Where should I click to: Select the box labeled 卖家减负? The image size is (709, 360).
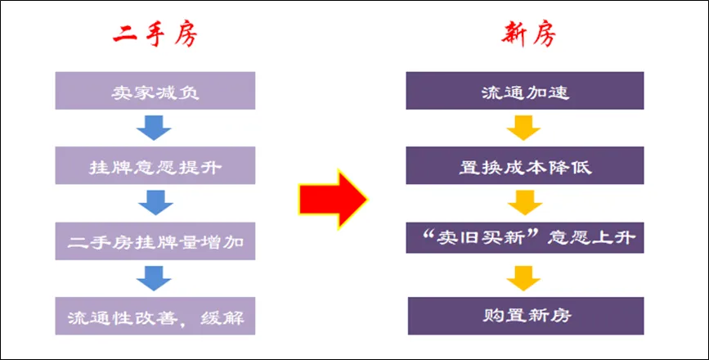click(x=155, y=91)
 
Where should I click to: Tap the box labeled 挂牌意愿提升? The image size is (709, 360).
click(x=155, y=166)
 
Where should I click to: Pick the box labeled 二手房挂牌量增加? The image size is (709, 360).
click(x=155, y=241)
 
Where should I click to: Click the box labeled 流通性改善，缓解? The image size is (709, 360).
click(x=155, y=315)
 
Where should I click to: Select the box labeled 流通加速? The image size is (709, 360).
click(x=525, y=91)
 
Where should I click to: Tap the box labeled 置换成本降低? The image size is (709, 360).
click(x=525, y=166)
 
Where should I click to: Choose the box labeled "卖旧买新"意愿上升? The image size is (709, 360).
click(x=525, y=239)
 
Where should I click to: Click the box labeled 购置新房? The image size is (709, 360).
click(x=525, y=314)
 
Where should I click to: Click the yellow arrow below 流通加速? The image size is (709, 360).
click(x=523, y=128)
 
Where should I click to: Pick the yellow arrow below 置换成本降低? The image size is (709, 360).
click(x=523, y=203)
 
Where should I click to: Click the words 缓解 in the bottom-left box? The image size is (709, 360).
click(x=222, y=315)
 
